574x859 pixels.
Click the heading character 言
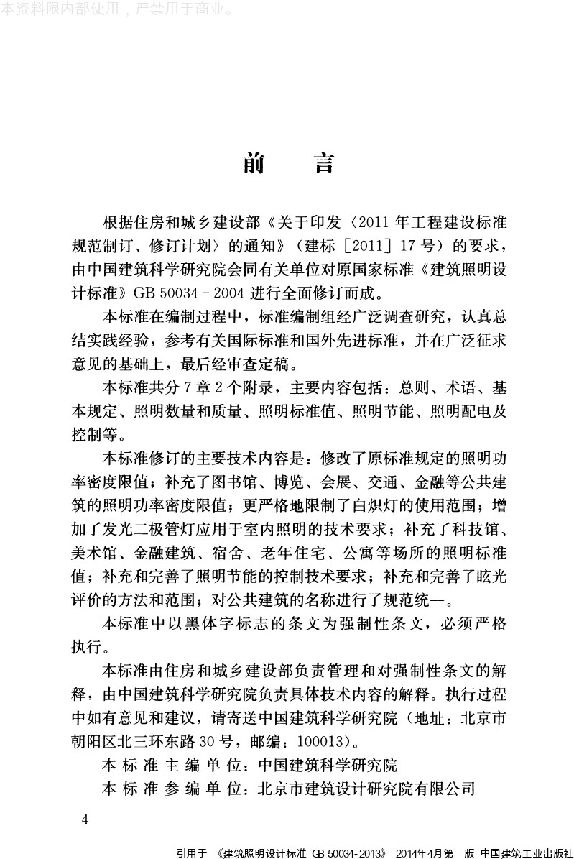[x=323, y=164]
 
